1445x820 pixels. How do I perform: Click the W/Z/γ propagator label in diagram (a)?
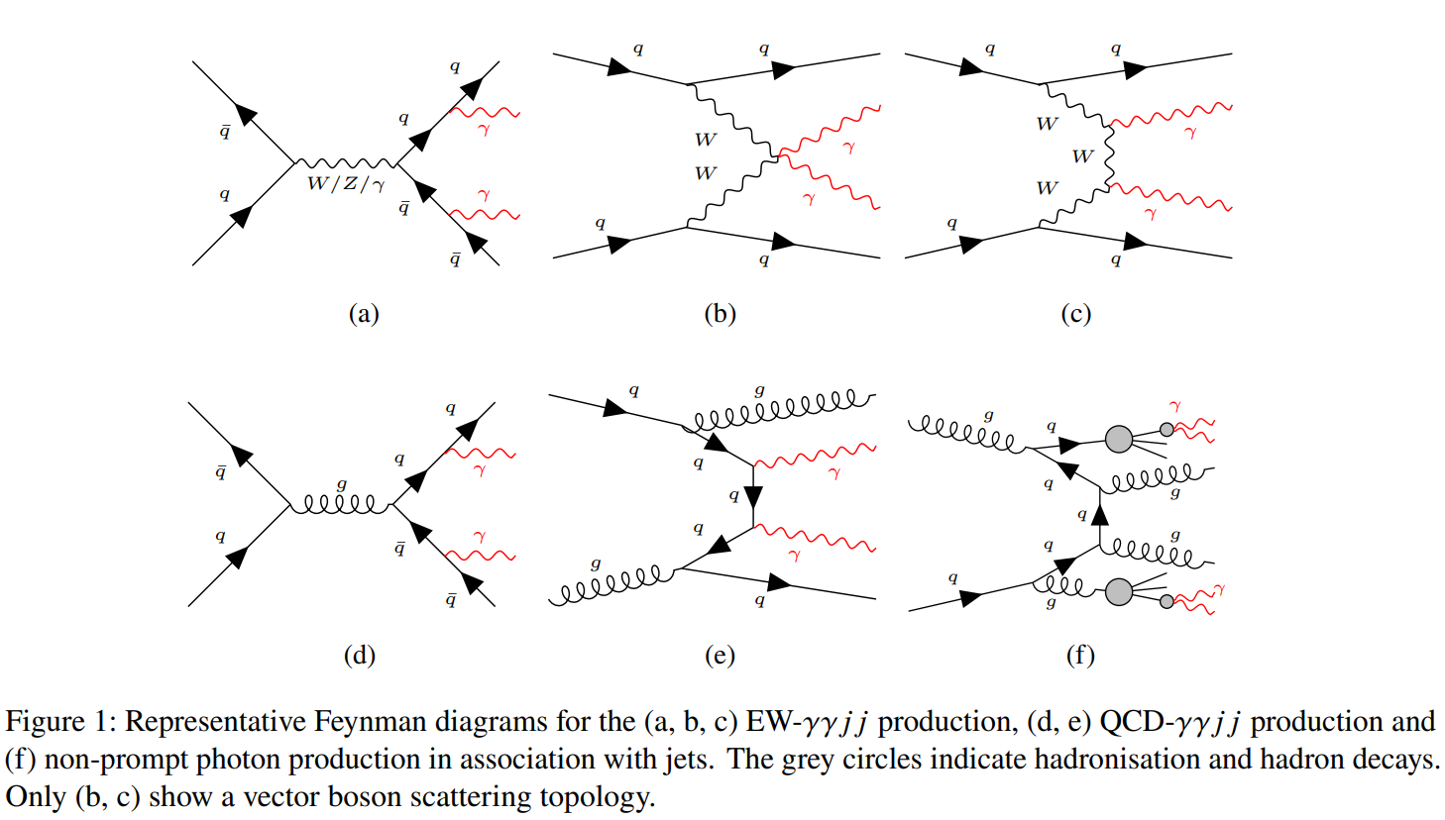pyautogui.click(x=347, y=184)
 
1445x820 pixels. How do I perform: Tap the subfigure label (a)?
pyautogui.click(x=364, y=314)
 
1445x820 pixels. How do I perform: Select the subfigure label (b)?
pyautogui.click(x=720, y=314)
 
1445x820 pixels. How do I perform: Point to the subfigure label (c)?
pyautogui.click(x=1076, y=314)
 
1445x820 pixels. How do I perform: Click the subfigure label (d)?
pyautogui.click(x=360, y=656)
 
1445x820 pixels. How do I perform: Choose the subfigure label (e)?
pyautogui.click(x=720, y=656)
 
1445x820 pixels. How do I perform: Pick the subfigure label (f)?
pyautogui.click(x=1080, y=656)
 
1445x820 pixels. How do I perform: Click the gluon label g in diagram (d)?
pyautogui.click(x=342, y=485)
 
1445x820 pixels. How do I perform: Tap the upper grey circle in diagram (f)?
pyautogui.click(x=1119, y=439)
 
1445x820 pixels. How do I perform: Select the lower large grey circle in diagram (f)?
pyautogui.click(x=1119, y=592)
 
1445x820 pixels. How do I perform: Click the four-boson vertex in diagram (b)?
pyautogui.click(x=778, y=155)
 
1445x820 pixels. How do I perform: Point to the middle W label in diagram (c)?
pyautogui.click(x=1083, y=156)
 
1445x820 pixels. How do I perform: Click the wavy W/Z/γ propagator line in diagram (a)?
pyautogui.click(x=345, y=162)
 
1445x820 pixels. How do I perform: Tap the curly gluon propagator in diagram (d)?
pyautogui.click(x=341, y=505)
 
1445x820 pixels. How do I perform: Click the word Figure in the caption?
pyautogui.click(x=46, y=722)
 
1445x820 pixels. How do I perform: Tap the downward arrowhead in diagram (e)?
pyautogui.click(x=753, y=498)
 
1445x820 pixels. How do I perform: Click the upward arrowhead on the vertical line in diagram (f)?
pyautogui.click(x=1100, y=514)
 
